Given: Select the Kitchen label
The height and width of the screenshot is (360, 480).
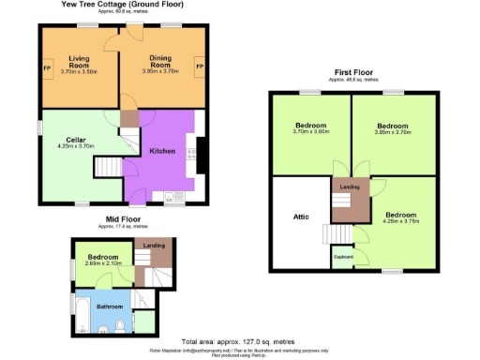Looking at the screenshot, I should click(163, 151).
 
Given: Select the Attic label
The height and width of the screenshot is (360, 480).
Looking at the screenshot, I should click(300, 217).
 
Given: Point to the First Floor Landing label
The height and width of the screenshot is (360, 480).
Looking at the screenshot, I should click(351, 187).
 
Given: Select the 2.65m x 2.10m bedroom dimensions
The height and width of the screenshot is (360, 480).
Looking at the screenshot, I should click(103, 263).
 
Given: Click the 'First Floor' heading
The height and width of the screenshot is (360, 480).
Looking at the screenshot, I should click(353, 73).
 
